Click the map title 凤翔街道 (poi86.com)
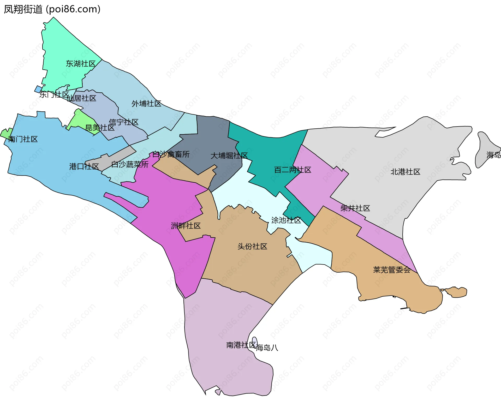tap(52, 9)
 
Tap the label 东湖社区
tap(81, 64)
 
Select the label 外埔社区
tap(146, 104)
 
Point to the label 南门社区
tap(23, 139)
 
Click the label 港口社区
tap(84, 166)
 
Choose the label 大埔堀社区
tap(229, 156)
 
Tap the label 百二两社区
tap(293, 170)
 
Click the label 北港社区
tap(405, 172)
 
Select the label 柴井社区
tap(355, 208)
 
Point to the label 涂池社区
tap(286, 220)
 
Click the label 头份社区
tap(252, 247)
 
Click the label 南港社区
tap(241, 345)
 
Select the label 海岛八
tap(267, 348)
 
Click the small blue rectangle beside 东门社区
tap(38, 89)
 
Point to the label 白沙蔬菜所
tap(130, 165)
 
